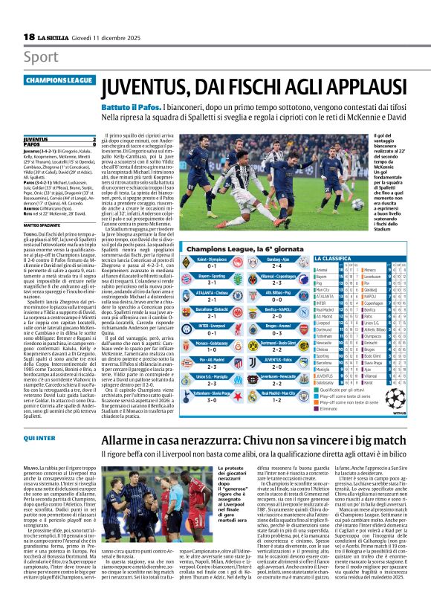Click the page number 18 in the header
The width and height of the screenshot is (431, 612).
click(28, 37)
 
